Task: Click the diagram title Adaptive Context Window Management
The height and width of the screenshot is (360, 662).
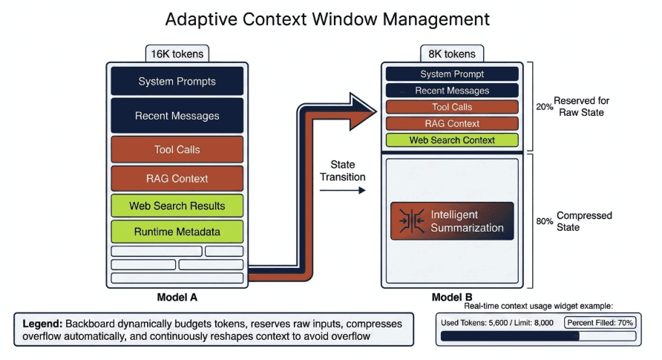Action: tap(327, 19)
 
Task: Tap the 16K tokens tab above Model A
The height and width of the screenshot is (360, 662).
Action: tap(177, 53)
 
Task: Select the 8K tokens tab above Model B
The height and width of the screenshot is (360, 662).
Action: tap(452, 53)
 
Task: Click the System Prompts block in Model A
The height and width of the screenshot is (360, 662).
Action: tap(177, 81)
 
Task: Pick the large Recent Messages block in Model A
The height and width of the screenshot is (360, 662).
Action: tap(177, 116)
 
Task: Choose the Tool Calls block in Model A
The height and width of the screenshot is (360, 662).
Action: tap(177, 149)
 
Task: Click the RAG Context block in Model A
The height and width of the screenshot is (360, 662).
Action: tap(177, 178)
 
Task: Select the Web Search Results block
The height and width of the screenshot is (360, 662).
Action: tap(177, 206)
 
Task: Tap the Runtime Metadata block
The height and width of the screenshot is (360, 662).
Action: tap(177, 232)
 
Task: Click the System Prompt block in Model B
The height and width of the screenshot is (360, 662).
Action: tap(452, 74)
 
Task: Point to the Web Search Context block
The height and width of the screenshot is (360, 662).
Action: tap(452, 140)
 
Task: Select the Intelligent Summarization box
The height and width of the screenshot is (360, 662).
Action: tap(452, 221)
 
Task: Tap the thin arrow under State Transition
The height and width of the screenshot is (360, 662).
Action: tap(342, 190)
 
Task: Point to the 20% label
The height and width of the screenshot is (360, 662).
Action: tap(544, 106)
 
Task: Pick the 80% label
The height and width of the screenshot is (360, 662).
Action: tap(544, 220)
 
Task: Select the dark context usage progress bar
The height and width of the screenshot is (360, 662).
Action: tap(509, 336)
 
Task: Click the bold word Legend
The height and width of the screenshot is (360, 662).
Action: tap(42, 324)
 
